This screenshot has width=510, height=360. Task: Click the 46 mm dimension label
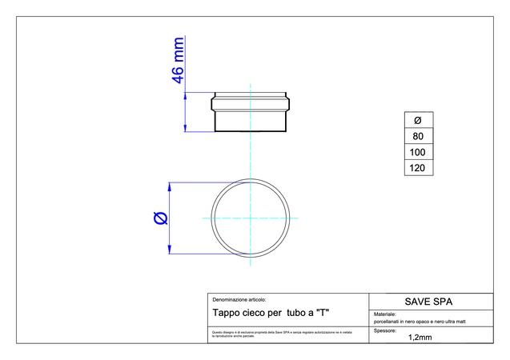click(179, 60)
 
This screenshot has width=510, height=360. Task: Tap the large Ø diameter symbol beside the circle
click(159, 218)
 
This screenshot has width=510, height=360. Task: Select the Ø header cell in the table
click(417, 120)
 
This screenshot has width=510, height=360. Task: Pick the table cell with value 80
click(417, 136)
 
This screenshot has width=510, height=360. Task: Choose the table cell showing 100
click(417, 152)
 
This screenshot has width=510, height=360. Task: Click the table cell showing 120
click(417, 168)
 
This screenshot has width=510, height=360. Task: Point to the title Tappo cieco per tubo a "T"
click(271, 312)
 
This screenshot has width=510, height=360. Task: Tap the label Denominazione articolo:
click(239, 298)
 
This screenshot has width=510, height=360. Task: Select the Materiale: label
click(386, 314)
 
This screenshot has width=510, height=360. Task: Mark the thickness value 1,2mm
click(420, 338)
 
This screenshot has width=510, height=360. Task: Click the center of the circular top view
click(250, 218)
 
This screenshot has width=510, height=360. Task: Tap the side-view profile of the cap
click(250, 112)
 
